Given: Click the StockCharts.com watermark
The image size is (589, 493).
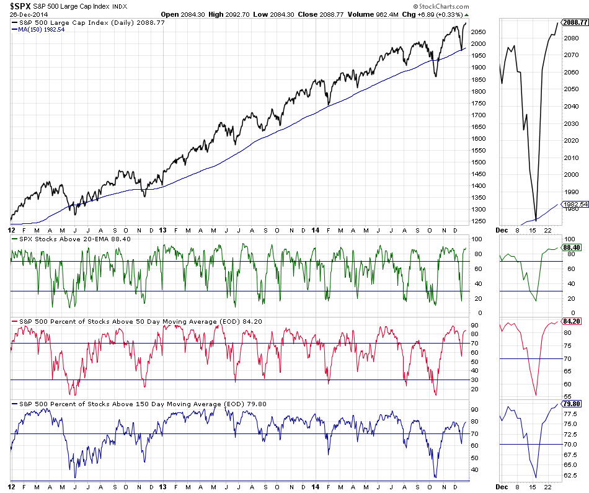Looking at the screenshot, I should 437,6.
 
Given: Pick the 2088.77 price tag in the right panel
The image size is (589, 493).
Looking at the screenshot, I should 575,22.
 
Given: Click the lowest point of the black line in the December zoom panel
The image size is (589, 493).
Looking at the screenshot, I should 535,220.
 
